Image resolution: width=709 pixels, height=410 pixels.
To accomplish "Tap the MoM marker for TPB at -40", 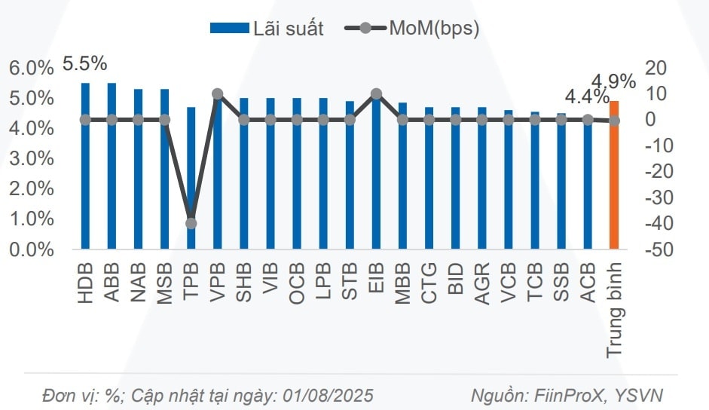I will click(191, 223).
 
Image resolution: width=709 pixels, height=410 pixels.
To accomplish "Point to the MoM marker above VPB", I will click(218, 94).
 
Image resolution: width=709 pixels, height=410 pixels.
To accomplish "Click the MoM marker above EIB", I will click(377, 94).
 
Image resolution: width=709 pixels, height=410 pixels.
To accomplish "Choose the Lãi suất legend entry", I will click(267, 29).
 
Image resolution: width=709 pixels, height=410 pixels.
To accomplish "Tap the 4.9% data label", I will click(613, 81).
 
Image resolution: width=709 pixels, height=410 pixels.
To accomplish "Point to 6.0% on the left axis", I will click(32, 68).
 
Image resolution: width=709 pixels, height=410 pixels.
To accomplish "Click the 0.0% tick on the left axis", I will click(32, 249).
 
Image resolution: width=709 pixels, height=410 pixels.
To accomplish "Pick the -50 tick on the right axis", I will click(656, 249).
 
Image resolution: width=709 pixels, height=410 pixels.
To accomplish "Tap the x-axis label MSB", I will click(164, 283).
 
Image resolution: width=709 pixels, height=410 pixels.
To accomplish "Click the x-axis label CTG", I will click(429, 283).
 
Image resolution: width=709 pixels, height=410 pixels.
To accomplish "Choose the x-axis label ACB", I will click(588, 283).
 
